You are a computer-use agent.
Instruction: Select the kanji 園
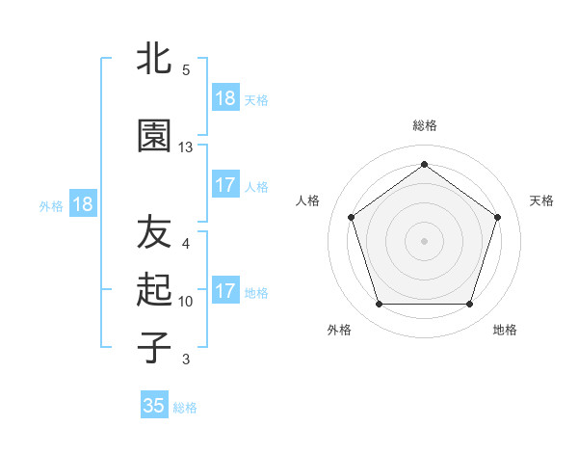[x=154, y=137]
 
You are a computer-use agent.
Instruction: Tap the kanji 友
[x=154, y=231]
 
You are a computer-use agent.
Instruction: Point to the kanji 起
[x=154, y=289]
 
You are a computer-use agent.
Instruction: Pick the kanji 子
[x=154, y=347]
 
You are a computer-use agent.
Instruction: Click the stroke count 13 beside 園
[x=186, y=147]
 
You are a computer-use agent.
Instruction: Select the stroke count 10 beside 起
[x=186, y=302]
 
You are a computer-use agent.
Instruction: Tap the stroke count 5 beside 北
[x=185, y=70]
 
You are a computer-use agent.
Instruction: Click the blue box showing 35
[x=154, y=406]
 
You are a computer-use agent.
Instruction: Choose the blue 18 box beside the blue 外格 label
[x=82, y=204]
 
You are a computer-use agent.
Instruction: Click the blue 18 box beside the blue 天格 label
[x=225, y=98]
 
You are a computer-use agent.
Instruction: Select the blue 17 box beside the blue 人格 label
[x=225, y=185]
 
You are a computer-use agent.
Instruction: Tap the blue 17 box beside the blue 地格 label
[x=225, y=291]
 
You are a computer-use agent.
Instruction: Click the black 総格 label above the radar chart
[x=425, y=125]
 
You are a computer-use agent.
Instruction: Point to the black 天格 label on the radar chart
[x=542, y=200]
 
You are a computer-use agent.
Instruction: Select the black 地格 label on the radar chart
[x=505, y=330]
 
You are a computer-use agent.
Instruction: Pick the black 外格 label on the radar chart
[x=339, y=330]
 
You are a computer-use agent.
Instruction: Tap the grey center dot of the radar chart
[x=425, y=241]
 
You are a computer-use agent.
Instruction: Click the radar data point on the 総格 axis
[x=425, y=165]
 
